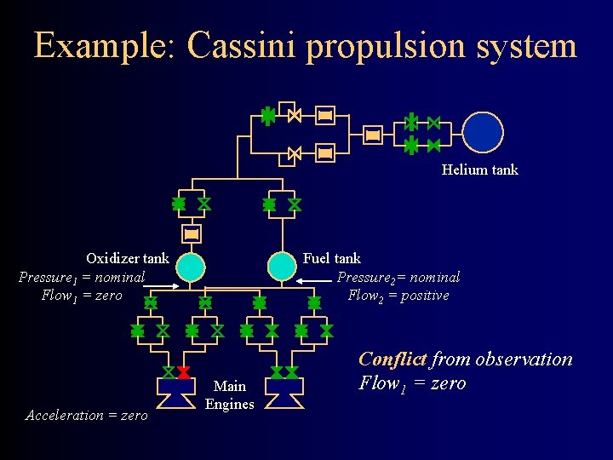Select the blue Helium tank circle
coord(484,132)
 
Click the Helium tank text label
coord(479,170)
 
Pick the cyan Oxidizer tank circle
coord(192,267)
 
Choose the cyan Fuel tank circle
coord(282,267)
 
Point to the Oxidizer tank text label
coord(128,258)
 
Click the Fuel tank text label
coord(332,258)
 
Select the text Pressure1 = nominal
coord(82,277)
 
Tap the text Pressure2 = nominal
coord(398,277)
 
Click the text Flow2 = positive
coord(398,296)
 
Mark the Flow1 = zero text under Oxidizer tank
coord(82,296)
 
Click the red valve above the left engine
coord(183,372)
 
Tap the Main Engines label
coord(230,395)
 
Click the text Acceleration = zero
coord(86,415)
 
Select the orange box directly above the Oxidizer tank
coord(192,233)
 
